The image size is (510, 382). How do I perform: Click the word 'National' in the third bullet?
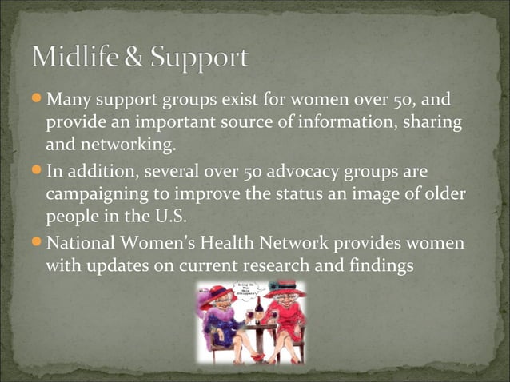coord(86,241)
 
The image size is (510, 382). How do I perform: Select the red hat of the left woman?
coord(218,293)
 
